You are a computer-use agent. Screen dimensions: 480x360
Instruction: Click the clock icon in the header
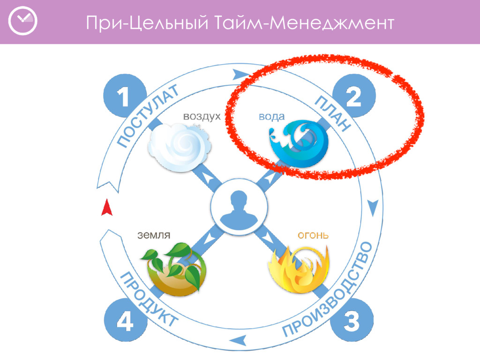(22, 21)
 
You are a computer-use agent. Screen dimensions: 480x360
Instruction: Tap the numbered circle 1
(123, 97)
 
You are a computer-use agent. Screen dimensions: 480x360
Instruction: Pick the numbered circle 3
(352, 322)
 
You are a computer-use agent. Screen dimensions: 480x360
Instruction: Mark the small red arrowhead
(107, 208)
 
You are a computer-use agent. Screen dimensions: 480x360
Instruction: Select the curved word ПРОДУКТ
(148, 300)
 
